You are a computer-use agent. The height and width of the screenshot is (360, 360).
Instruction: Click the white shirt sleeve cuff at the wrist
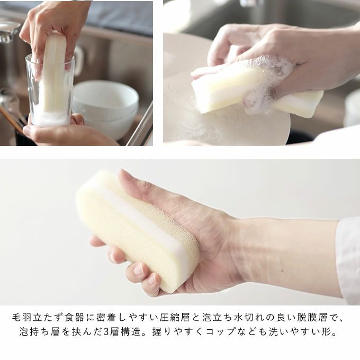tap(348, 259)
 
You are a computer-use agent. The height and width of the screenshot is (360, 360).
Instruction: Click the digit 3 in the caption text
tap(106, 332)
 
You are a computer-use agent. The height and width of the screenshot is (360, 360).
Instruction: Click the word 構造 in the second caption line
tap(131, 332)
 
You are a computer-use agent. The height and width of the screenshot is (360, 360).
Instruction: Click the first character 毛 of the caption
tap(17, 318)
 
